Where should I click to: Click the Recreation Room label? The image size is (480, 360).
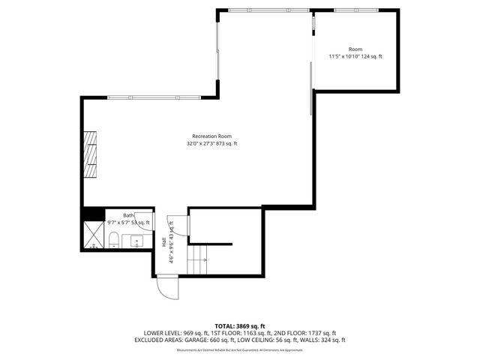pos(206,136)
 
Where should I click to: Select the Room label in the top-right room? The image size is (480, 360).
pos(355,49)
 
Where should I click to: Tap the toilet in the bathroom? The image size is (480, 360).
pos(112,239)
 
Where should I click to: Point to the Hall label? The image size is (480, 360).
pos(163,241)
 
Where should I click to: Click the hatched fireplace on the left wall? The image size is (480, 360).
pos(91,154)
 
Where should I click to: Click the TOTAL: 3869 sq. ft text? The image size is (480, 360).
pos(240,326)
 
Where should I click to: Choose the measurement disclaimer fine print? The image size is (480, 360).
pos(240,349)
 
